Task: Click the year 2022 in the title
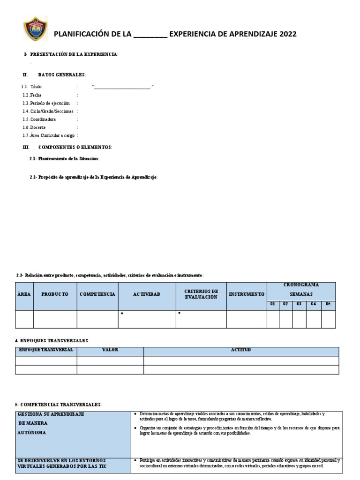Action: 285,34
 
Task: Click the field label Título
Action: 36,87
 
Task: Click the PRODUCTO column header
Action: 55,294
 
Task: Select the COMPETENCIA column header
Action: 97,294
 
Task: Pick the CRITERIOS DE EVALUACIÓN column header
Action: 201,294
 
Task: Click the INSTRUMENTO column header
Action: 247,294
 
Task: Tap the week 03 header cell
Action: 299,304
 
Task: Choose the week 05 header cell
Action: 328,304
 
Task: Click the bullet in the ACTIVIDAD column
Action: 122,313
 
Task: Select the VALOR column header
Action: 110,350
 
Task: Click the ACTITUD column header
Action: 241,350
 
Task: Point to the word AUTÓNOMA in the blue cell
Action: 33,432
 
